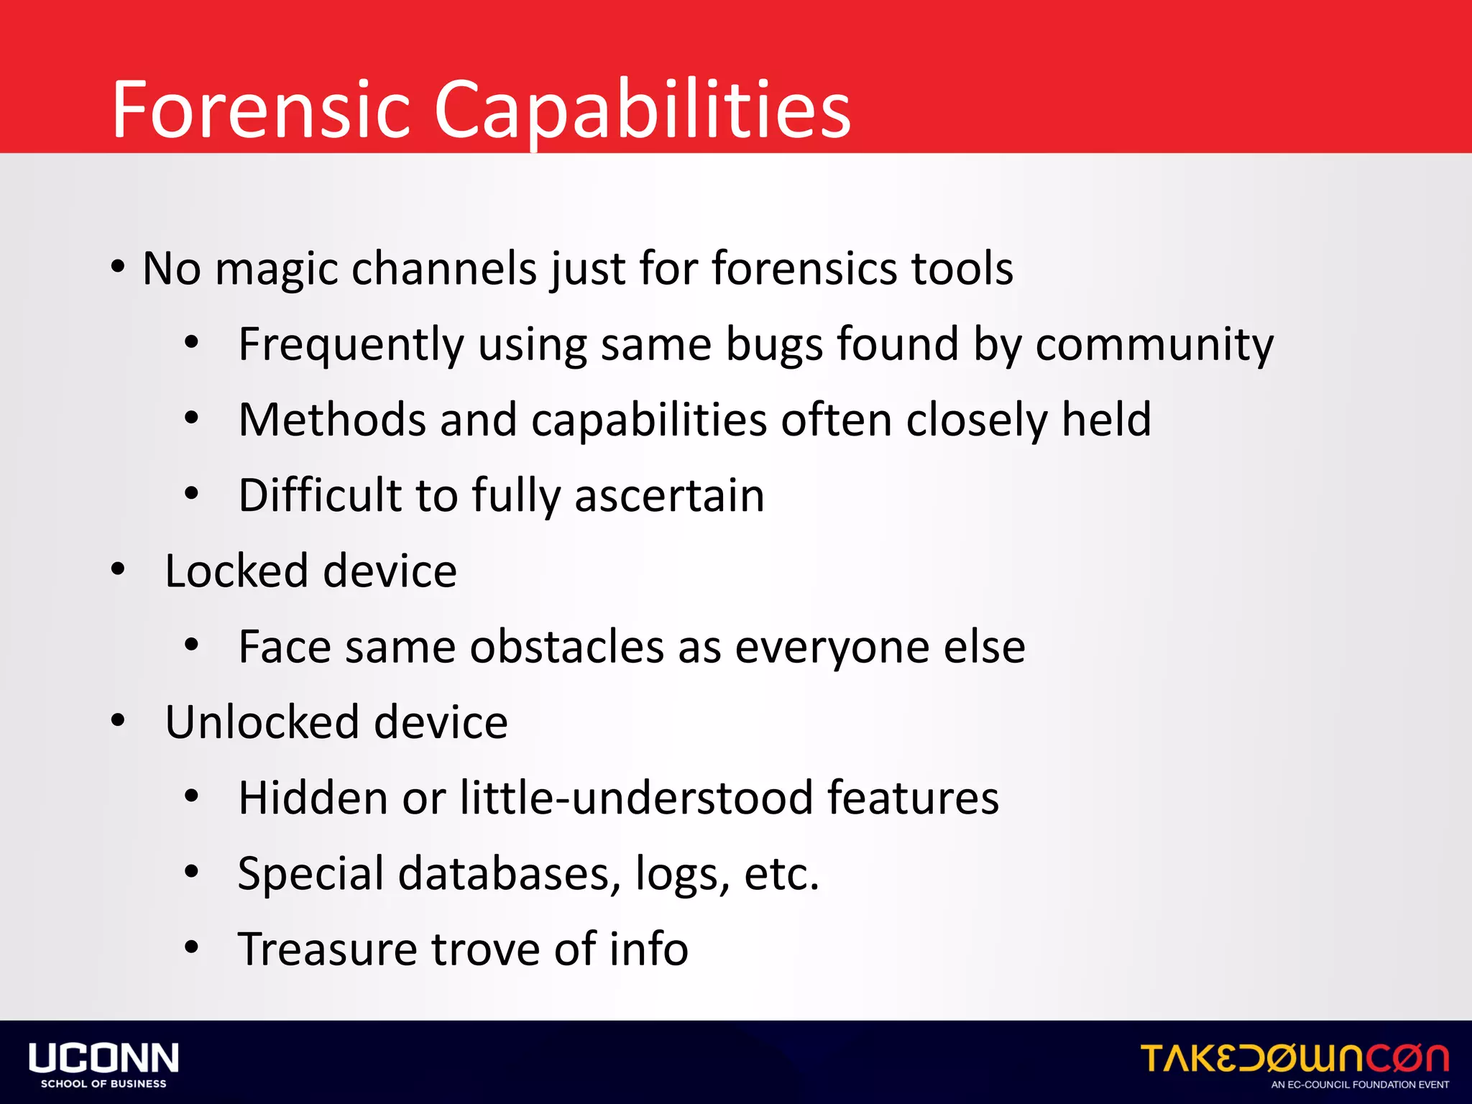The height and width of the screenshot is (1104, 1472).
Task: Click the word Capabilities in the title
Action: (642, 109)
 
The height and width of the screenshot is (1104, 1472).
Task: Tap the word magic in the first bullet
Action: (276, 269)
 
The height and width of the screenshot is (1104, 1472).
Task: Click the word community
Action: (1154, 344)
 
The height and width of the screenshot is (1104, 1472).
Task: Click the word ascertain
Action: (669, 495)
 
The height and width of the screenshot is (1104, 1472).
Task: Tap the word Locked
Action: (236, 571)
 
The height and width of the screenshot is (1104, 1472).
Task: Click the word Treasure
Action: (327, 949)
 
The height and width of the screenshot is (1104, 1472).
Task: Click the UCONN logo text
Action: (103, 1058)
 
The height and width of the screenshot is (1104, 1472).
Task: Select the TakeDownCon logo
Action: (1294, 1058)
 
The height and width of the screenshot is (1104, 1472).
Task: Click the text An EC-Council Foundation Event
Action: (1360, 1085)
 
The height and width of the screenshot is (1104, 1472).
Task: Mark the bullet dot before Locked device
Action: (118, 570)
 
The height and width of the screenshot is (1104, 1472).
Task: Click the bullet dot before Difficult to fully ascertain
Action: (191, 494)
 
